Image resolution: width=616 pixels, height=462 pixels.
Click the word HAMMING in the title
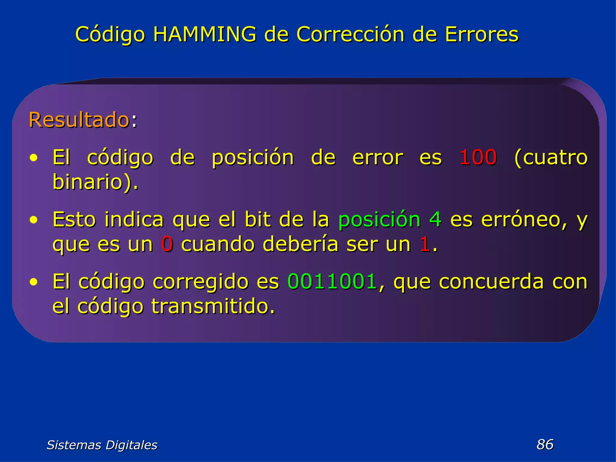[205, 34]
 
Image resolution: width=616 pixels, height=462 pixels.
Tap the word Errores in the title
[482, 34]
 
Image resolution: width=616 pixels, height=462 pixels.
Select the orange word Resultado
[79, 120]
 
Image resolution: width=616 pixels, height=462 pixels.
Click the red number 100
[478, 157]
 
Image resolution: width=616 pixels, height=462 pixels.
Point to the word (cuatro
[551, 157]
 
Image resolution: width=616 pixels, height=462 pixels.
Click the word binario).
[95, 182]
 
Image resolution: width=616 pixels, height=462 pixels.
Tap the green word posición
[379, 219]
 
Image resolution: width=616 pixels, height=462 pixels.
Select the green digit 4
[435, 219]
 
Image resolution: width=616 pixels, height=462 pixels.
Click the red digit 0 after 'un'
[167, 244]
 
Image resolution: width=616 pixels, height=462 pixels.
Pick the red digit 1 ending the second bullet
[425, 244]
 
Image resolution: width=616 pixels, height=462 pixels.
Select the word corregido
[201, 282]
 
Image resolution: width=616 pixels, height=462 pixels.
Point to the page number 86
[545, 444]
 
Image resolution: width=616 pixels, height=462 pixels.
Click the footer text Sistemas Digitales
[102, 445]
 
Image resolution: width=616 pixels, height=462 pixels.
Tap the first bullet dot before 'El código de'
[34, 158]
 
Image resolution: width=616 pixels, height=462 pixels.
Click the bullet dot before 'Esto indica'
[34, 220]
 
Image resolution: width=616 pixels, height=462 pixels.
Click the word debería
[300, 244]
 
